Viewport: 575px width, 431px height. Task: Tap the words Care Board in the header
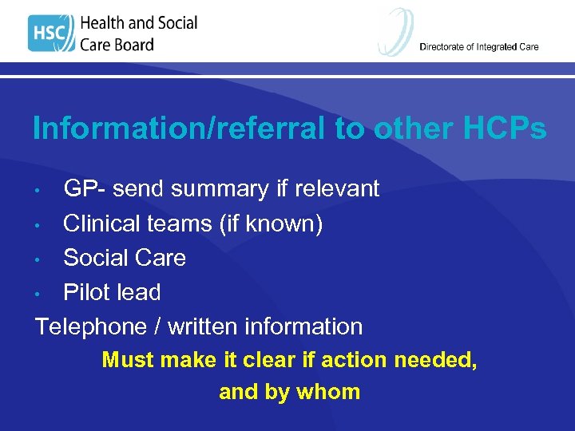(117, 45)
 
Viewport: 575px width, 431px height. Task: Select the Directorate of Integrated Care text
(478, 46)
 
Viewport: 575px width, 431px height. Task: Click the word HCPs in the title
(501, 128)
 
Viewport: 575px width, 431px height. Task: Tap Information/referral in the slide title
(180, 128)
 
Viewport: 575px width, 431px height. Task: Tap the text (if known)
(271, 224)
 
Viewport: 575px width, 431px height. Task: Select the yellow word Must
(128, 360)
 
